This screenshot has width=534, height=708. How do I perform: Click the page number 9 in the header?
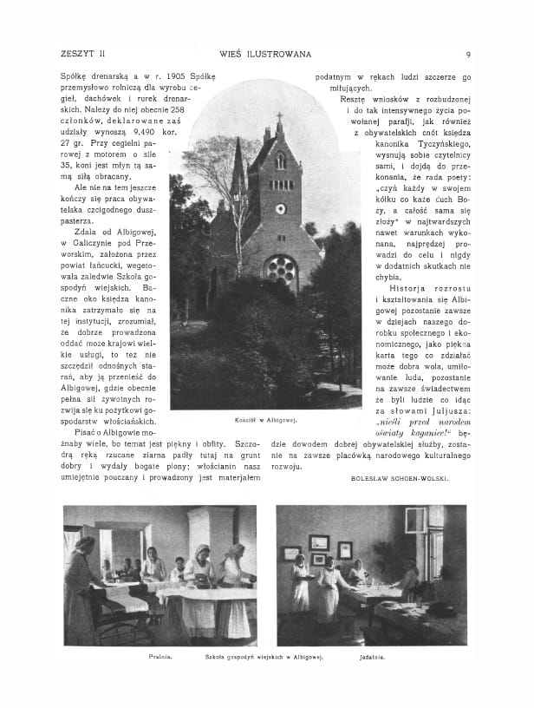coord(468,55)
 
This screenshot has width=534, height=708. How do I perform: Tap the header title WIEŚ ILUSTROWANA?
coord(265,55)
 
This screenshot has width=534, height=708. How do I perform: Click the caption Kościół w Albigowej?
coord(267,420)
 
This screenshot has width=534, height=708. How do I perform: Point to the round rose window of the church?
coord(281,270)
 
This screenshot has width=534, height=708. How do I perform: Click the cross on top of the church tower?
coord(279,118)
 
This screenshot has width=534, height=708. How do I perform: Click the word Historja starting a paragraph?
coord(409,286)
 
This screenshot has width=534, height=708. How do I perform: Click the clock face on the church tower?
coord(280,209)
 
